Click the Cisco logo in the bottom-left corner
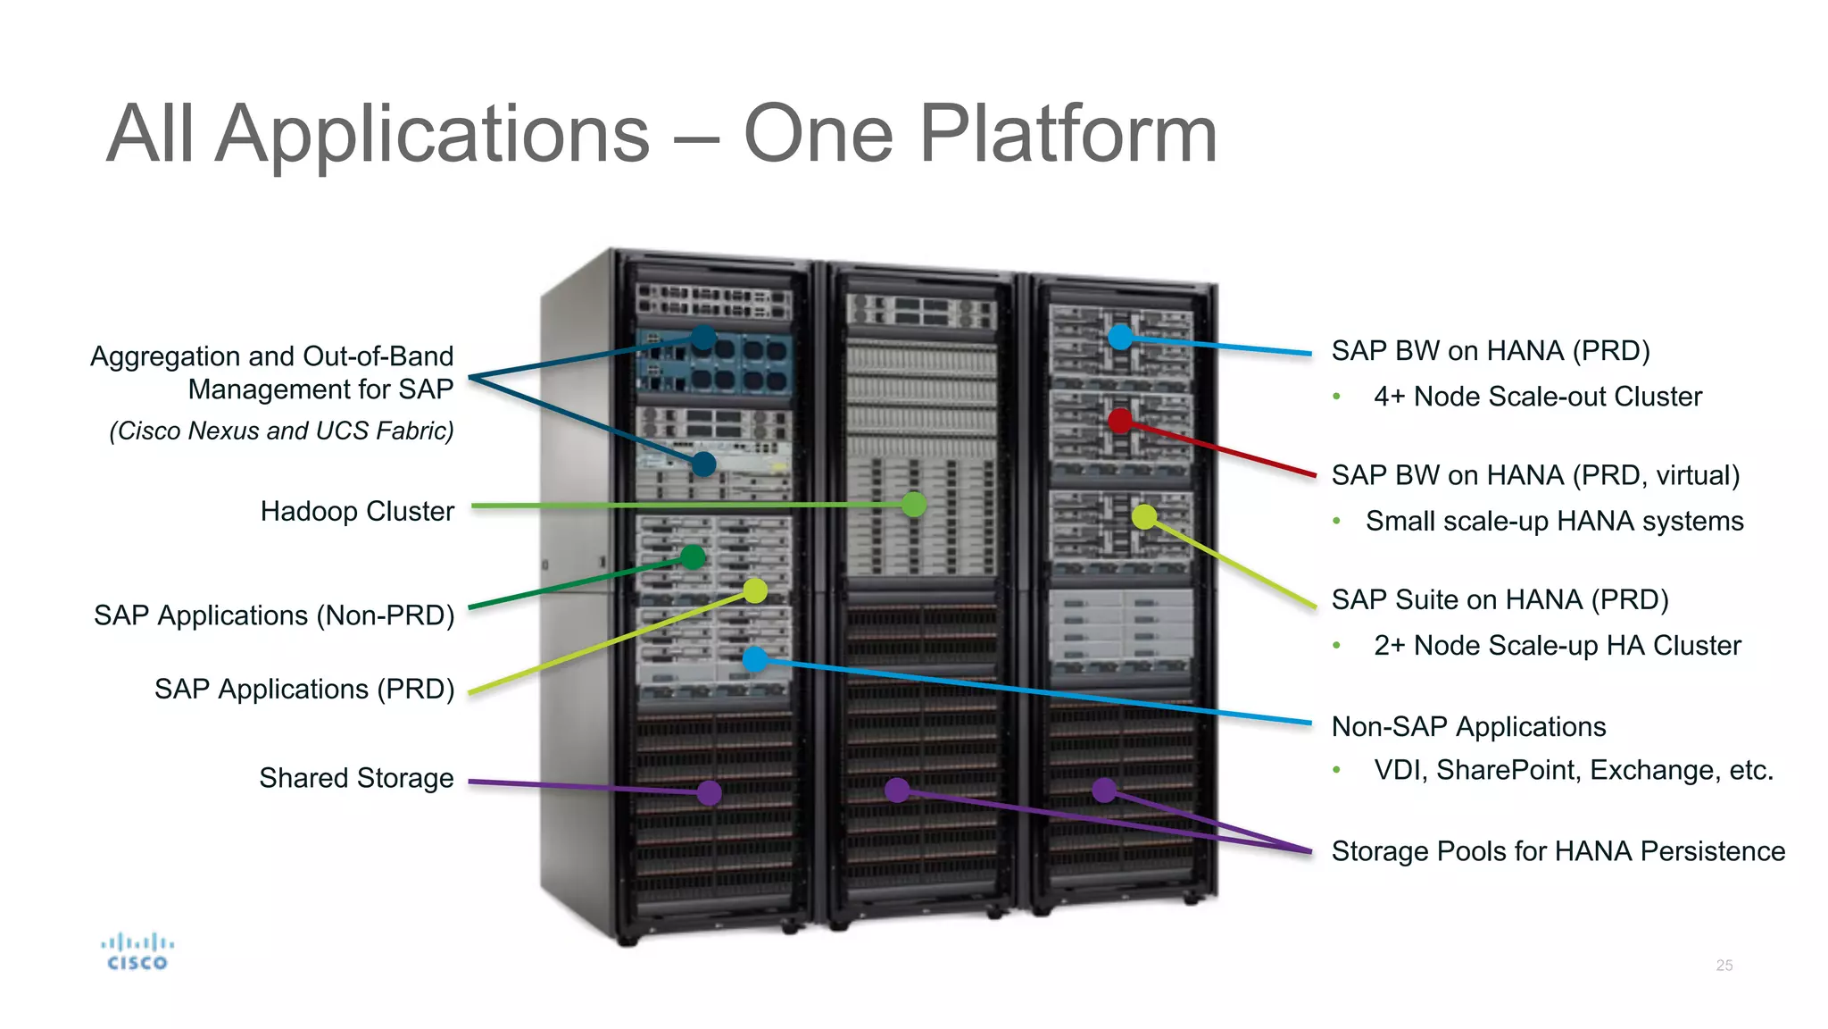137,952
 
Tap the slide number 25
1724,966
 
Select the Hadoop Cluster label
357,511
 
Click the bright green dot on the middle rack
913,505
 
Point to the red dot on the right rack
1119,421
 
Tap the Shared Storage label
356,778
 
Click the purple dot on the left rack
709,792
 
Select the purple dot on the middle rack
896,790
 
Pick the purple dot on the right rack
1104,790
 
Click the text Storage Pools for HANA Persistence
1558,851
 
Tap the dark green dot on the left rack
693,557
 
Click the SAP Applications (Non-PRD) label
274,615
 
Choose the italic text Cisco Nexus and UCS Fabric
281,431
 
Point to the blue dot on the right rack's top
1119,337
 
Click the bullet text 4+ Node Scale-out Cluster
1537,397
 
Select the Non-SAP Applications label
1468,727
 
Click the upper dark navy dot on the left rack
703,337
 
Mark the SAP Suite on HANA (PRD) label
1500,599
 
